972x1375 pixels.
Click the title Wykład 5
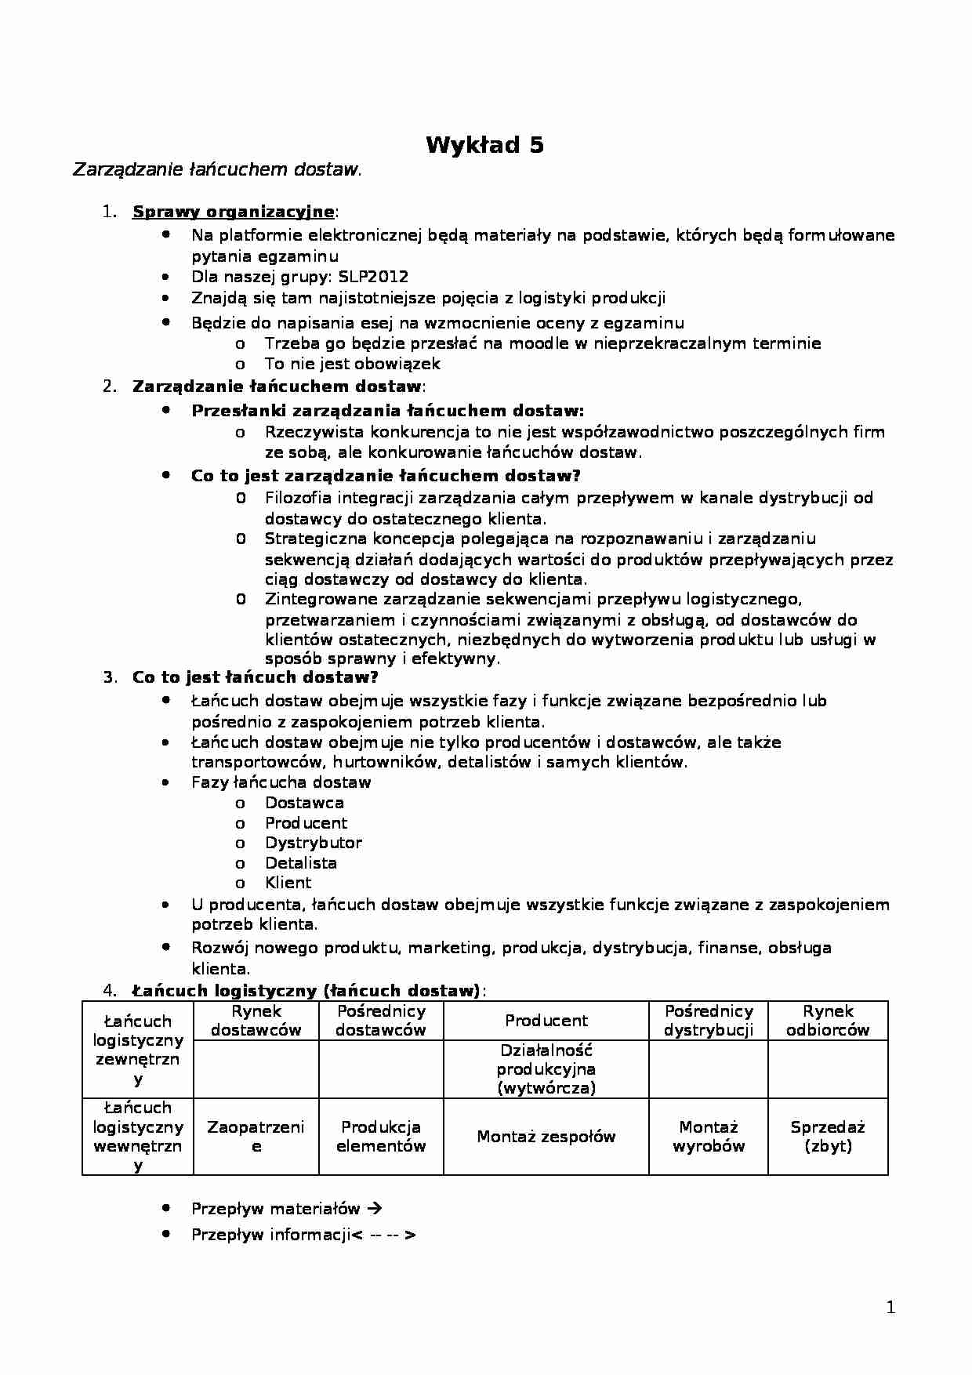[x=484, y=145]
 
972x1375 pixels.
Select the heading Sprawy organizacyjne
[x=233, y=212]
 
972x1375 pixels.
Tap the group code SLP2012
[x=373, y=277]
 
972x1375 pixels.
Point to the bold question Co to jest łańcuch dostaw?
[x=255, y=677]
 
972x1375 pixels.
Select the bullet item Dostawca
[x=304, y=803]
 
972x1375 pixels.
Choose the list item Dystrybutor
[x=313, y=843]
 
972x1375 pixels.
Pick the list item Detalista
[x=300, y=863]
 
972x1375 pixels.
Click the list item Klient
[x=288, y=883]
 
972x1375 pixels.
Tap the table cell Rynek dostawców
[x=256, y=1021]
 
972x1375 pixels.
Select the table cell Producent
[x=546, y=1021]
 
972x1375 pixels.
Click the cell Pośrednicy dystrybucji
[x=709, y=1021]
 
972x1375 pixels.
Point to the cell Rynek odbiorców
[x=828, y=1021]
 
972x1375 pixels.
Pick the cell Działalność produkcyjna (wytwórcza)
[x=546, y=1069]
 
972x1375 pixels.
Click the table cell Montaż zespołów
[x=546, y=1137]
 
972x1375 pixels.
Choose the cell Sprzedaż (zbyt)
[x=828, y=1137]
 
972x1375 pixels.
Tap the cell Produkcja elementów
[x=381, y=1137]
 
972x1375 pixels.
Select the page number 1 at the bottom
[x=890, y=1308]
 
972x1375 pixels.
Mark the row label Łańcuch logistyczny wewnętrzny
[x=138, y=1137]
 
